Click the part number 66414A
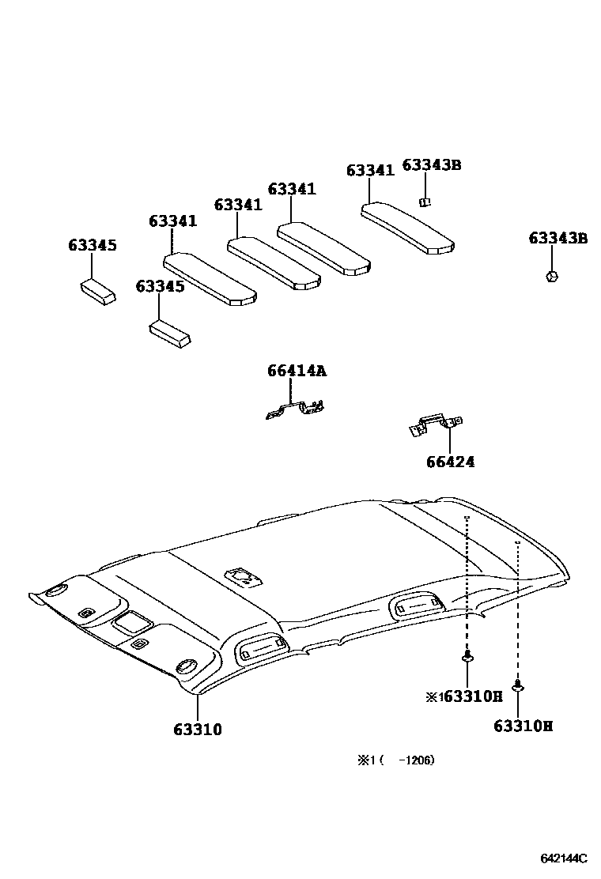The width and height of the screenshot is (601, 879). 296,371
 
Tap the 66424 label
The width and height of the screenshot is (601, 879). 450,462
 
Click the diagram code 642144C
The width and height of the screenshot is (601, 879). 564,858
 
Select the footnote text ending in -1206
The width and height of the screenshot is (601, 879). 396,760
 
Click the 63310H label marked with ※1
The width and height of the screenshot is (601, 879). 464,696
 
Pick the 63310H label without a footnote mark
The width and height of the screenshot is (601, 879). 523,725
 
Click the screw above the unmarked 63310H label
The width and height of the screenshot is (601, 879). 518,685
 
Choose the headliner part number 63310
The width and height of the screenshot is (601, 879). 198,730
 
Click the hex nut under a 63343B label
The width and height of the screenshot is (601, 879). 551,276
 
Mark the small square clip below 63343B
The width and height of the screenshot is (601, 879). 425,201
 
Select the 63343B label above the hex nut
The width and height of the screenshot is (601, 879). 558,238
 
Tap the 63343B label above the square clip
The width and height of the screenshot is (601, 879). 431,164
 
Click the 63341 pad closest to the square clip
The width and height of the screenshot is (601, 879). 407,228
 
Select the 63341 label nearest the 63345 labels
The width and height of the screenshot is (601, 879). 172,221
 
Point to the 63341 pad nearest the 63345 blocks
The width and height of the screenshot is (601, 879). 210,277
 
